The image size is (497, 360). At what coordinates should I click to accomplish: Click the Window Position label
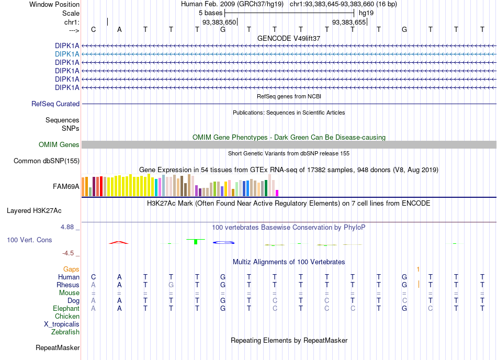[54, 4]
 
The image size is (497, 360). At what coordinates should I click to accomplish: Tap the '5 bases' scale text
[210, 13]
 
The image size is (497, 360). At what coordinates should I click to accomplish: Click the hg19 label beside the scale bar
[366, 13]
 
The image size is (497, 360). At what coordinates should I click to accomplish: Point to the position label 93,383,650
[219, 22]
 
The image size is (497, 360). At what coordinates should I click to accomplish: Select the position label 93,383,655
[348, 22]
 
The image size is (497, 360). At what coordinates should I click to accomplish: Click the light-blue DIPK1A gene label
[67, 54]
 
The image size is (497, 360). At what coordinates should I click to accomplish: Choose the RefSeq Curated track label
[55, 104]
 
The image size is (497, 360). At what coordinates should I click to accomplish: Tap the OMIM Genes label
[59, 145]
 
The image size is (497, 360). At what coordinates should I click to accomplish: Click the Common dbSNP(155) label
[46, 161]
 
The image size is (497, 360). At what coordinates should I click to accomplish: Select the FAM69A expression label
[66, 187]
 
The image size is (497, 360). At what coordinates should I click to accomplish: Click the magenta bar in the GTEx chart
[277, 193]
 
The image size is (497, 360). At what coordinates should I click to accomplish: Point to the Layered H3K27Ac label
[34, 211]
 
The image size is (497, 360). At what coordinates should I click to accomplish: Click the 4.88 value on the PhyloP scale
[67, 227]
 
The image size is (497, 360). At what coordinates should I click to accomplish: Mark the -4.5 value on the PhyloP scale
[68, 253]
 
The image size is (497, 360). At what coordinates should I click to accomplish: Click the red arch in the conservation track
[119, 242]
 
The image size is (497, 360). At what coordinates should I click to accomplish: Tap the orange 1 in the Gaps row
[418, 269]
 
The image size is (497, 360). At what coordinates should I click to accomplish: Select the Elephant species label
[66, 308]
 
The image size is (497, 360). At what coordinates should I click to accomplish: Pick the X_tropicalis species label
[62, 324]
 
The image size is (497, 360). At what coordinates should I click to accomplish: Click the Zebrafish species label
[65, 332]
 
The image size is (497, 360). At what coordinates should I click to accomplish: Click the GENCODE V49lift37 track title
[289, 38]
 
